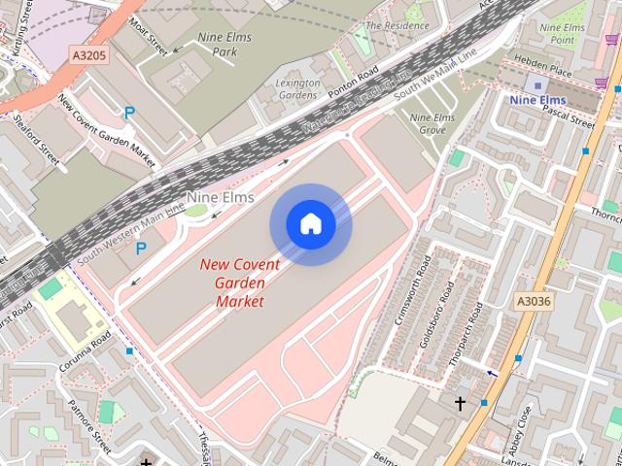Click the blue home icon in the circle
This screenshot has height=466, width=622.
(310, 224)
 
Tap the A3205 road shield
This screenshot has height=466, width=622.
(89, 56)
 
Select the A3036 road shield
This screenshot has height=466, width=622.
(534, 301)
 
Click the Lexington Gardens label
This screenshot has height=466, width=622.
(297, 89)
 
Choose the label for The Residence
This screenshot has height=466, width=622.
(397, 24)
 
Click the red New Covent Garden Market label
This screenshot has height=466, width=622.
(239, 283)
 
